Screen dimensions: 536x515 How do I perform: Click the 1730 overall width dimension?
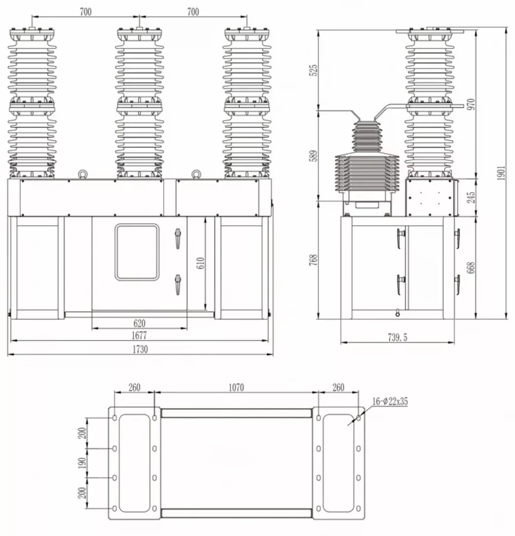[x=140, y=349]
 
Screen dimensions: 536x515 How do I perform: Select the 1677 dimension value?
[x=139, y=336]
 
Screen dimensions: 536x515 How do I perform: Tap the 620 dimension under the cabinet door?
[x=139, y=323]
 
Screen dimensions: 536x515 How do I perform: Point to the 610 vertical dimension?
[x=201, y=263]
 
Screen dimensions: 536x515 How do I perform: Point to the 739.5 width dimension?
[x=397, y=338]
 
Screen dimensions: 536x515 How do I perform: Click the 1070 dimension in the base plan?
[x=236, y=388]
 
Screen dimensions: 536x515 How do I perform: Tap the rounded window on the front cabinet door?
[x=137, y=252]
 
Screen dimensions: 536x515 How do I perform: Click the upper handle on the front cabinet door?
[x=178, y=239]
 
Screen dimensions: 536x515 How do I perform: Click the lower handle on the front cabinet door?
[x=178, y=284]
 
